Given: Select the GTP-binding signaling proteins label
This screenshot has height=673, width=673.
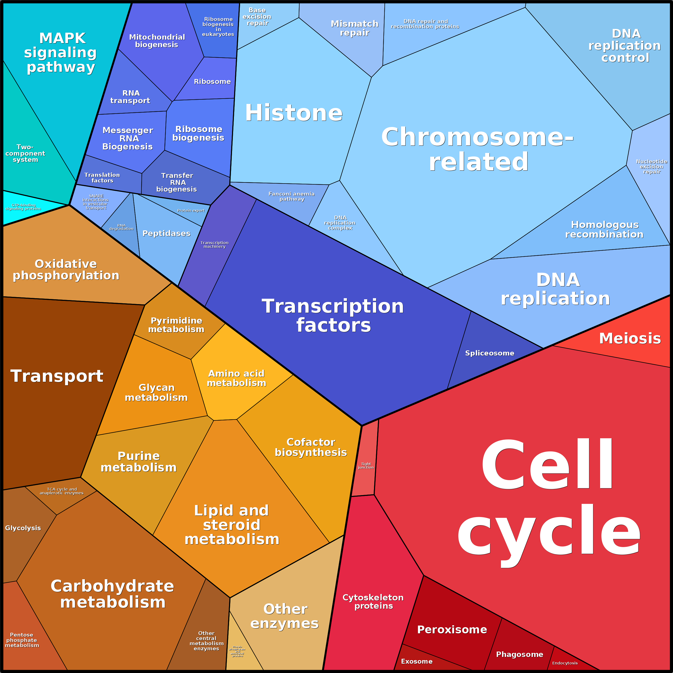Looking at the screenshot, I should tap(23, 207).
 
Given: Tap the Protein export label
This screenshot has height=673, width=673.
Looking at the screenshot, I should tap(190, 210).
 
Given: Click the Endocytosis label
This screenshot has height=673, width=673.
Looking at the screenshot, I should tap(565, 663).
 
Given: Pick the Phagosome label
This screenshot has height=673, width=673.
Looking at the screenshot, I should tap(519, 654).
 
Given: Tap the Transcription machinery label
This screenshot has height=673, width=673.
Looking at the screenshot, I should tap(214, 245).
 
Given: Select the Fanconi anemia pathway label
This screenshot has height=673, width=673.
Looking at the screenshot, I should tap(291, 196).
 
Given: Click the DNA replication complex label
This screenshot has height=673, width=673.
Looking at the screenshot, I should tap(340, 223).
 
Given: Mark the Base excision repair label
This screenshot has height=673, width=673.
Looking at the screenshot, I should tap(257, 17).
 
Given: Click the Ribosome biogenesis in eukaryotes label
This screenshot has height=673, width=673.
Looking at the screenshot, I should tap(218, 27).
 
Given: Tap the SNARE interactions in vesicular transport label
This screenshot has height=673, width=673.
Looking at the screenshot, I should tap(96, 202).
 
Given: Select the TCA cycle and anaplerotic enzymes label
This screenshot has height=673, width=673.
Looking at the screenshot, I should tap(62, 491).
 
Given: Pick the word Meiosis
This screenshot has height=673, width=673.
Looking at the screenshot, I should tap(630, 338).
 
